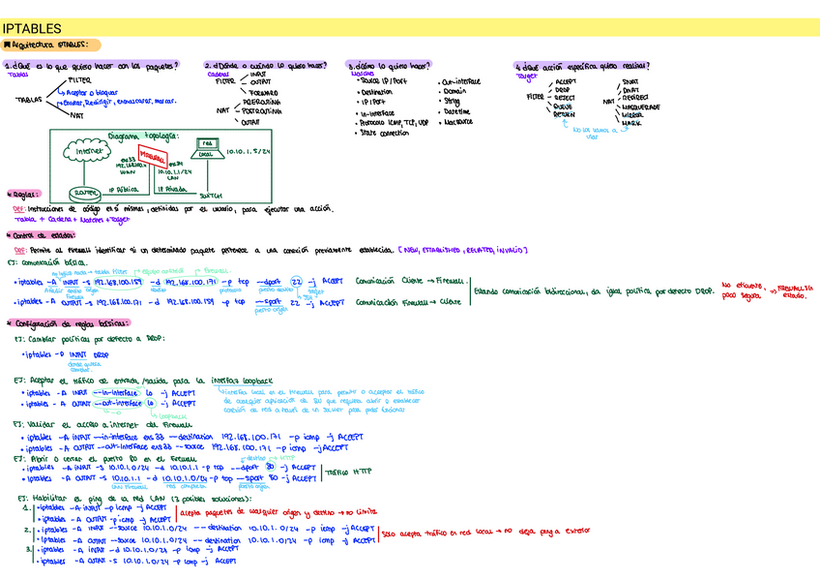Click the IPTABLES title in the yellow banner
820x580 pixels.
(x=33, y=29)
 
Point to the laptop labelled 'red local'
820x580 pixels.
(x=207, y=149)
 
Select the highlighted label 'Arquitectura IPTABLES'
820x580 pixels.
(x=52, y=45)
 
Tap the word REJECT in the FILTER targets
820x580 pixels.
(x=566, y=98)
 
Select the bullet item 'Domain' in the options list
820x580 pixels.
(x=454, y=91)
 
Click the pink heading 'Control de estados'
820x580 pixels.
(x=42, y=234)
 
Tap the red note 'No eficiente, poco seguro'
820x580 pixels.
(x=742, y=290)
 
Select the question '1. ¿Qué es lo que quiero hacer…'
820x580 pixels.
(x=92, y=66)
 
